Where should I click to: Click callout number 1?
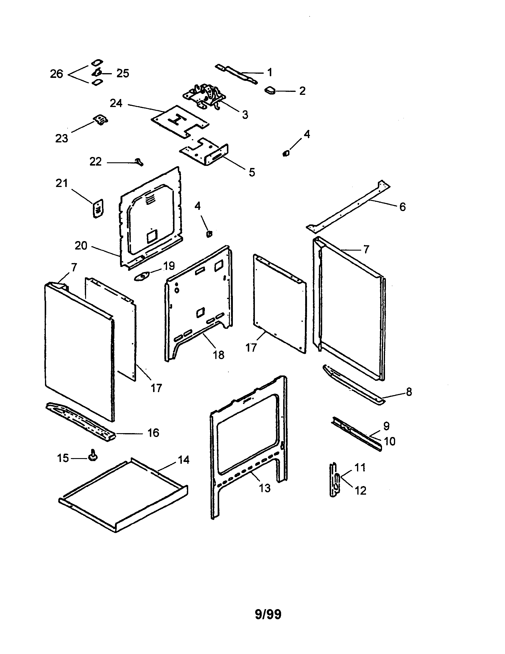269,72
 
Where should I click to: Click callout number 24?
116,103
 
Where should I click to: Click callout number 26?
56,74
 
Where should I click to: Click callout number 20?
81,246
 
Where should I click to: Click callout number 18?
218,355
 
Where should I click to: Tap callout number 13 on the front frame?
264,488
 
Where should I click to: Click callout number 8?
409,392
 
